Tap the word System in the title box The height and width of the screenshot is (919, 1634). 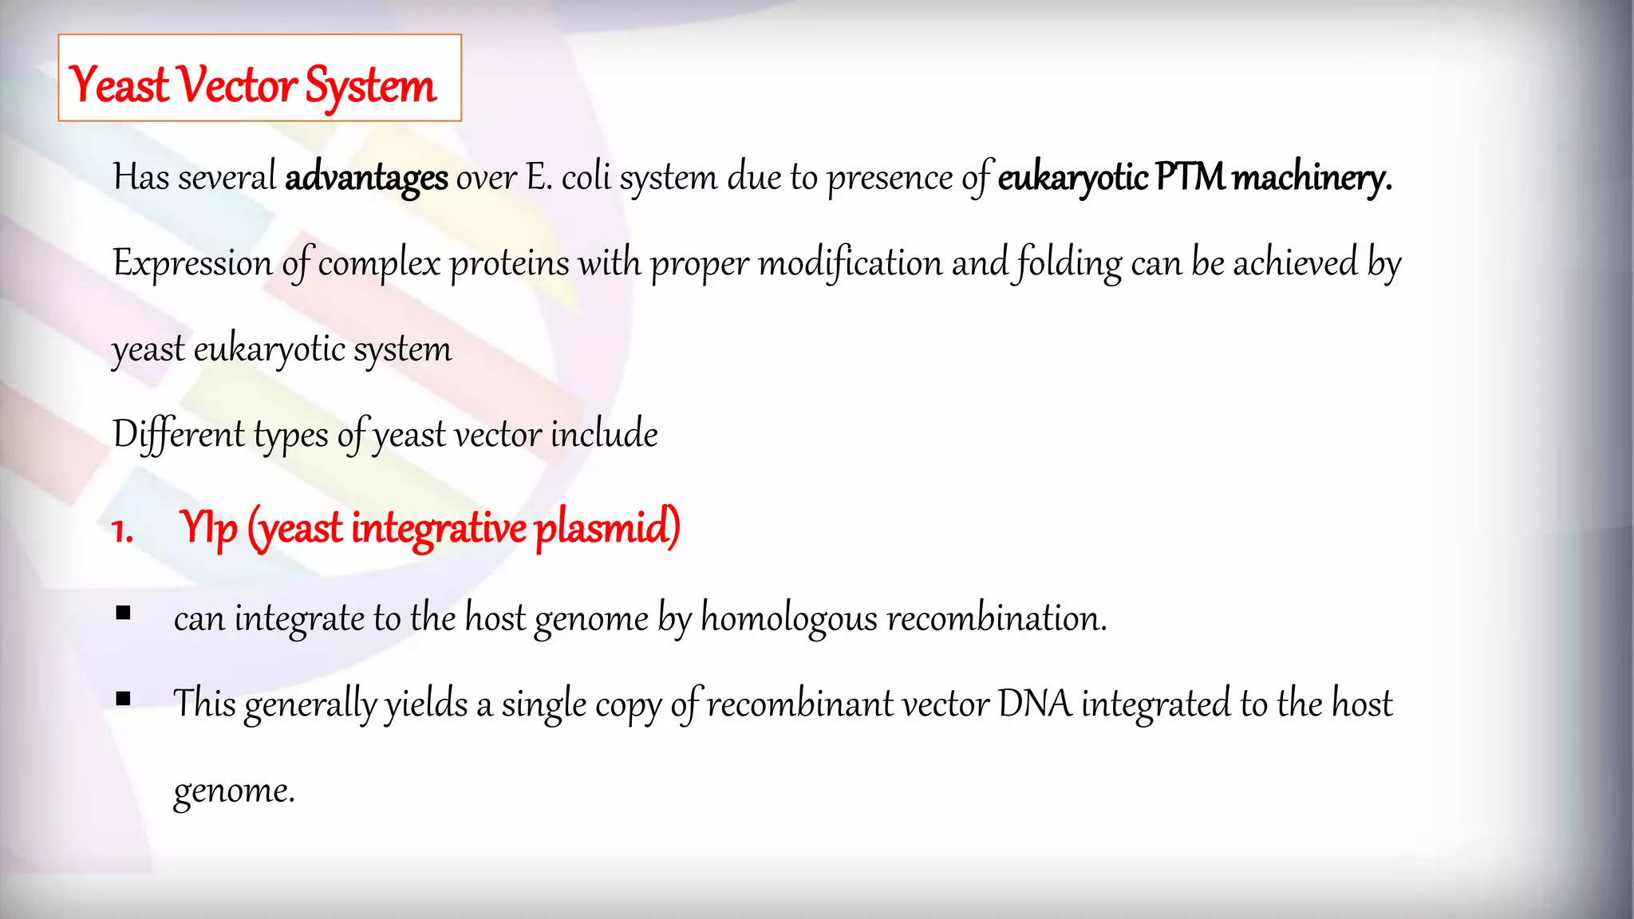coord(370,86)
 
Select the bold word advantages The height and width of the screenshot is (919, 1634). coord(366,177)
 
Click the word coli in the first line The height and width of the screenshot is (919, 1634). coord(586,177)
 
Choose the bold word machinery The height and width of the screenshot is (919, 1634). coord(1312,177)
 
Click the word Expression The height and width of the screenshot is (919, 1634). coord(192,263)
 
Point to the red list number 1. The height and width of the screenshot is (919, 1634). coord(122,530)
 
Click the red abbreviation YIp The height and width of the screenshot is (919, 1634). coord(208,528)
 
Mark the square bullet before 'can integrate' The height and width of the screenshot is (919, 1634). coord(123,613)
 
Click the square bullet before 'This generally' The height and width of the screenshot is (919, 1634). coord(123,699)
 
